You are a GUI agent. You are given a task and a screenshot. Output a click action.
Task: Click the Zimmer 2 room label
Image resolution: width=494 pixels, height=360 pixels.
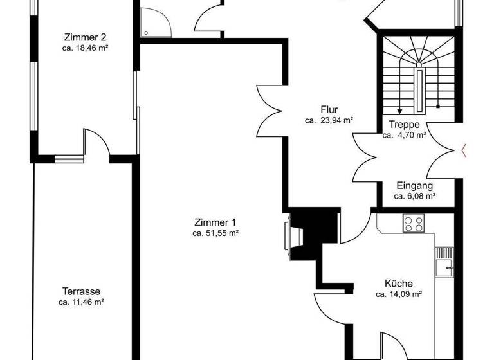81,36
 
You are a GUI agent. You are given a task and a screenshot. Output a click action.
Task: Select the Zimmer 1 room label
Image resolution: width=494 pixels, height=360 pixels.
215,222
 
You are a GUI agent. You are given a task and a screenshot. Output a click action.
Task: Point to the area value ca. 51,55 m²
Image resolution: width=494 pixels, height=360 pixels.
215,233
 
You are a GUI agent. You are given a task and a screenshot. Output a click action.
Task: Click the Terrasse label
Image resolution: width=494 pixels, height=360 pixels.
81,291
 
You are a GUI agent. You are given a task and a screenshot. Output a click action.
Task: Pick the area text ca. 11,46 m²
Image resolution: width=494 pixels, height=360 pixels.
81,301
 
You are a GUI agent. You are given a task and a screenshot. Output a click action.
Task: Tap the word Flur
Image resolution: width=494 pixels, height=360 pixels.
329,109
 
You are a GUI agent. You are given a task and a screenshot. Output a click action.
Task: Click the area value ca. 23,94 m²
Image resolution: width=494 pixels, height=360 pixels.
329,120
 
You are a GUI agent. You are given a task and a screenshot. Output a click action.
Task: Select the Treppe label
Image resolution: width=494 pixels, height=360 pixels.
405,125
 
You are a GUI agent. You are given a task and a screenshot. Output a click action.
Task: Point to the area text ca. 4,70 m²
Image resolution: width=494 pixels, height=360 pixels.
405,136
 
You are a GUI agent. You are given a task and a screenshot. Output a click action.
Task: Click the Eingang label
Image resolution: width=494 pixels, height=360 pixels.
414,185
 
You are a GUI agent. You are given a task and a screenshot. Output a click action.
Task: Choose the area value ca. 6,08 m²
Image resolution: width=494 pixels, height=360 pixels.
414,196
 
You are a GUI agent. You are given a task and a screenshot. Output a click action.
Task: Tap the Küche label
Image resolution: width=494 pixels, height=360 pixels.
398,283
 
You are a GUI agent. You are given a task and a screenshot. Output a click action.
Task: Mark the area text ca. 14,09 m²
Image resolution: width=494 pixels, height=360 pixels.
398,294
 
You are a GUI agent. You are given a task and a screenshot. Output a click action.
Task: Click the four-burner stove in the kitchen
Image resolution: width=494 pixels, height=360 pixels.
413,224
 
